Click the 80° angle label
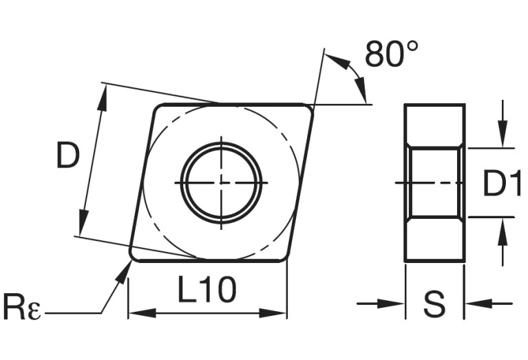pos(390,54)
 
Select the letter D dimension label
pos(67,157)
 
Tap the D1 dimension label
pos(500,184)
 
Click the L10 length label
pos(207,291)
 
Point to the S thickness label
pos(434,304)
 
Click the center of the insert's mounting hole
pos(221,183)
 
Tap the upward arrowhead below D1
pos(503,233)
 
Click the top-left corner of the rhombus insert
pos(157,107)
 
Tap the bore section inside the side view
pos(434,183)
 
